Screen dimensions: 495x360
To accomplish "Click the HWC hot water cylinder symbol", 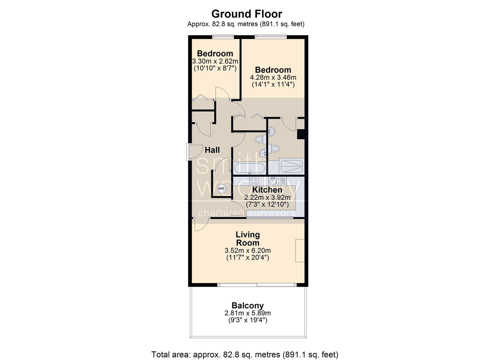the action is click(221, 189).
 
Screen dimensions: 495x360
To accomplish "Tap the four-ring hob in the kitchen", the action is click(253, 181).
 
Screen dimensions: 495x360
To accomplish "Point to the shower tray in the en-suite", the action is click(292, 166).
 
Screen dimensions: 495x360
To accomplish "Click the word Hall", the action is click(212, 150).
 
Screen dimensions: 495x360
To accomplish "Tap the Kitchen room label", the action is click(267, 190).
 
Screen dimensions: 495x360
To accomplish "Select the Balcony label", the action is click(247, 306).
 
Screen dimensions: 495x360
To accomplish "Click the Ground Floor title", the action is click(247, 14).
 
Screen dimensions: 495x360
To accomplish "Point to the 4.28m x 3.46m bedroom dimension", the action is click(273, 78).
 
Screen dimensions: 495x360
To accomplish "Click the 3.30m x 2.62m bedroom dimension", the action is click(215, 61).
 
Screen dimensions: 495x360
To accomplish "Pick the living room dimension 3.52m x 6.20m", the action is click(247, 251).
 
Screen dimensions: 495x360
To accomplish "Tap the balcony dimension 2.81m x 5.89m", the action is click(247, 313).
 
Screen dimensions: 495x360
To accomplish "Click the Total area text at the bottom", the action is click(245, 355).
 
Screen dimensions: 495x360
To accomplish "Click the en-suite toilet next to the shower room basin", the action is click(274, 148).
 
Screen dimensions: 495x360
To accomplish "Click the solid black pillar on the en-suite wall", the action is click(301, 135).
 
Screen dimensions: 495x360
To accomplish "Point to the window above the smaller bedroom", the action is click(223, 37).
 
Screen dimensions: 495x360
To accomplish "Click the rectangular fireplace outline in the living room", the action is click(300, 251).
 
